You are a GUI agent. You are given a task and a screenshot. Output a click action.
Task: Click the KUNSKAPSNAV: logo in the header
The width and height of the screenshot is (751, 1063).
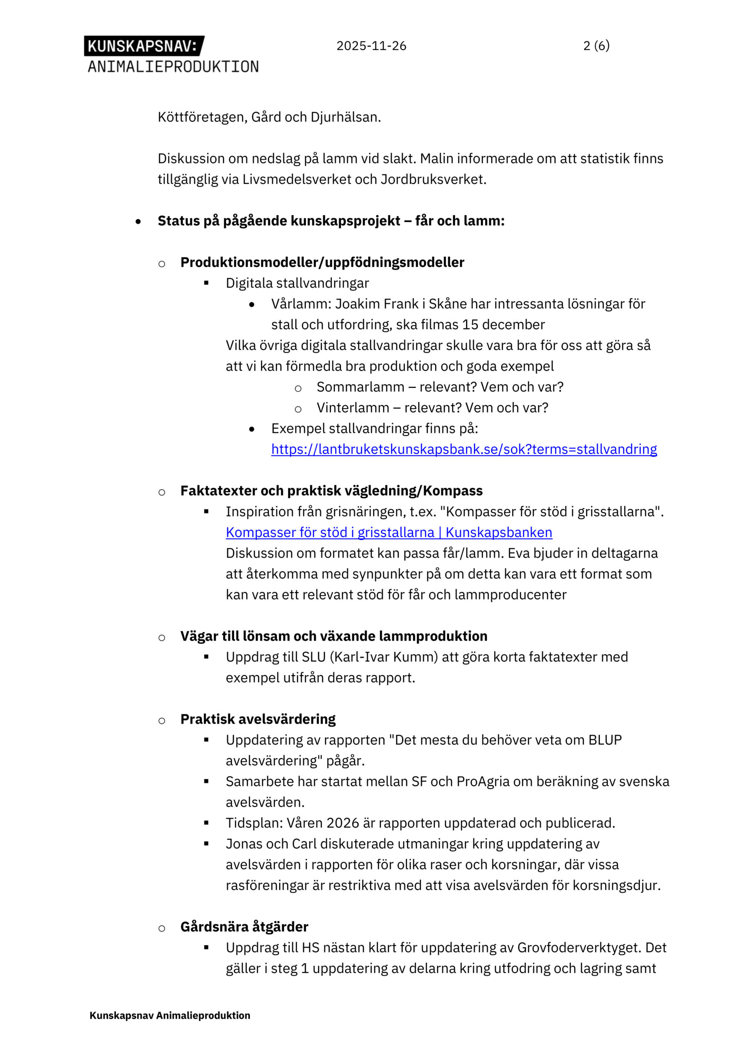point(144,46)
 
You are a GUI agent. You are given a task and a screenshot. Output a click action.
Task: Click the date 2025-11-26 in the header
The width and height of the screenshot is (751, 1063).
point(371,46)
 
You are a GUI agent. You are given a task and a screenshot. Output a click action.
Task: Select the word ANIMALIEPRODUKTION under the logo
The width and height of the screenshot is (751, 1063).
point(173,67)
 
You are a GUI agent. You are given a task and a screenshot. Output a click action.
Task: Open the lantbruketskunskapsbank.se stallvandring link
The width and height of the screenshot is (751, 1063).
point(463,449)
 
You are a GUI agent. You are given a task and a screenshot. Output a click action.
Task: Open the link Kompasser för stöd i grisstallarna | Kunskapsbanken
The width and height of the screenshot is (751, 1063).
point(389,532)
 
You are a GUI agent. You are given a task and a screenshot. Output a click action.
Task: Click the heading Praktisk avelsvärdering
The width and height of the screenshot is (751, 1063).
point(258,719)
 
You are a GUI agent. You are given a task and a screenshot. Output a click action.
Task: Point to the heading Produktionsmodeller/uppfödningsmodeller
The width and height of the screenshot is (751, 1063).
point(322,262)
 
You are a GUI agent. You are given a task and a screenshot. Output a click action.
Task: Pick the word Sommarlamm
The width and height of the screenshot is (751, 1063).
point(360,387)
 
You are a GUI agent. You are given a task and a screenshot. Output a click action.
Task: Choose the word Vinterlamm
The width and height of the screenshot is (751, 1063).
point(353,408)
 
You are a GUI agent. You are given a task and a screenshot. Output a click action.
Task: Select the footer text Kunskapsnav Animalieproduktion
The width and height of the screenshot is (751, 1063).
point(170,1015)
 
